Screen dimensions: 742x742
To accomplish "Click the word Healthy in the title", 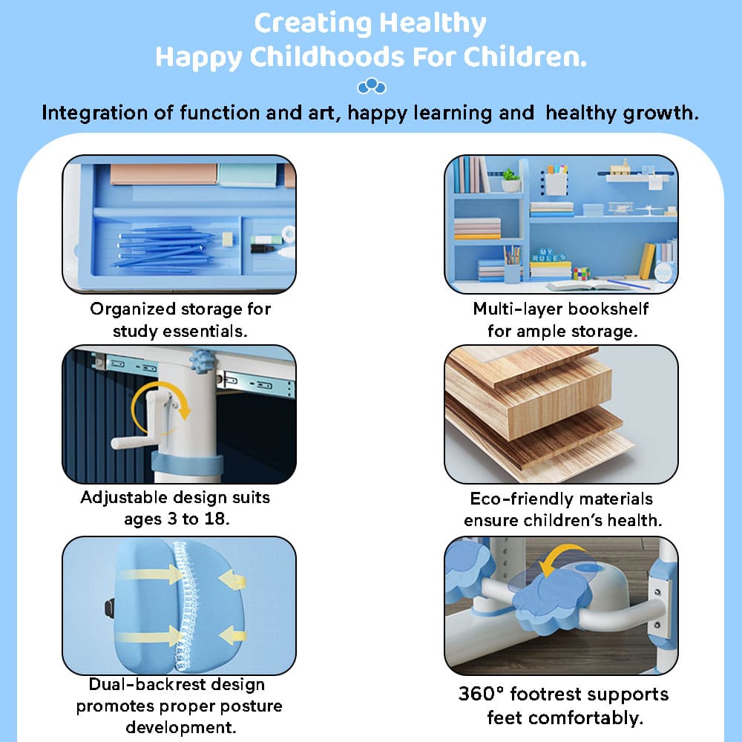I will pyautogui.click(x=433, y=24).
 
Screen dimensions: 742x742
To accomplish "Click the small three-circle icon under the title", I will pyautogui.click(x=371, y=88).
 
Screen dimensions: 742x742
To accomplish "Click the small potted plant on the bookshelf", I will pyautogui.click(x=510, y=180).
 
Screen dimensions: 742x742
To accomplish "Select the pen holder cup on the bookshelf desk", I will pyautogui.click(x=511, y=269).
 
